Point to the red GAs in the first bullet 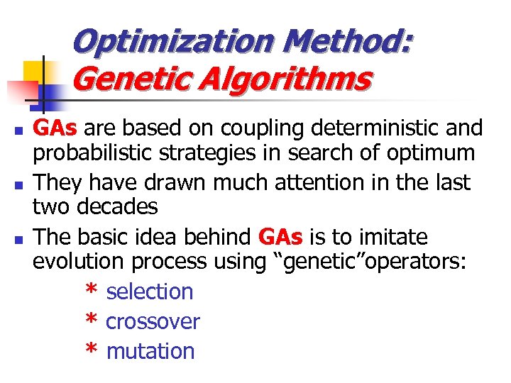(59, 128)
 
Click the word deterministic (368, 128)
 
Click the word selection (150, 292)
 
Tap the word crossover (153, 321)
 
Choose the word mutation (150, 351)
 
